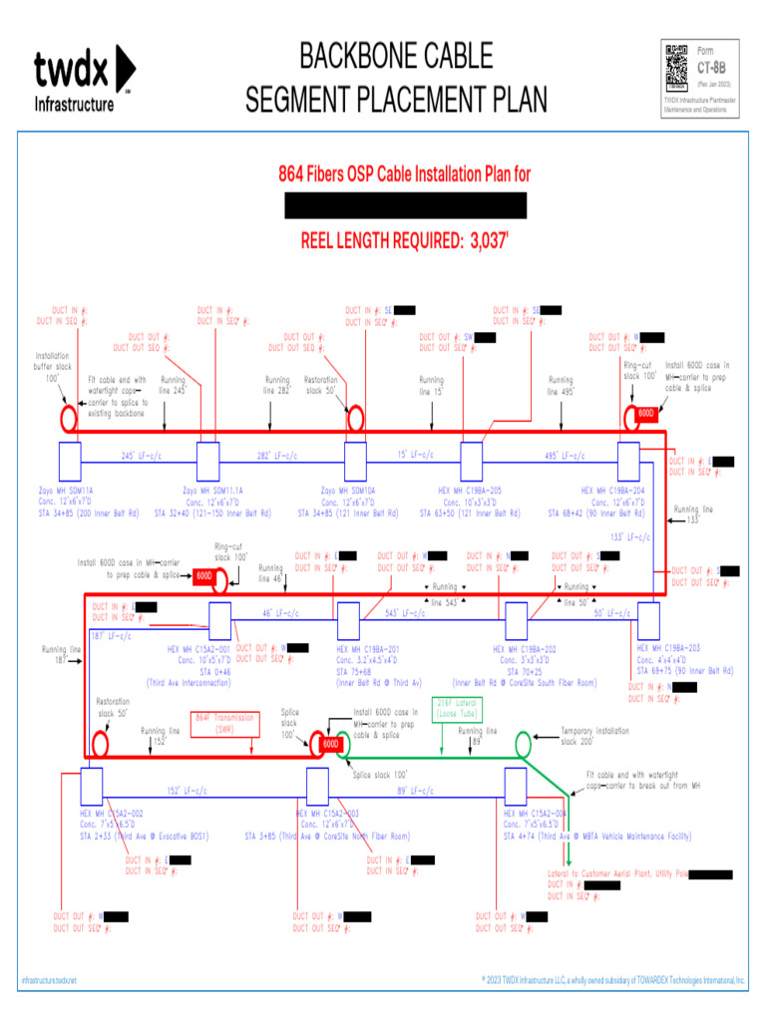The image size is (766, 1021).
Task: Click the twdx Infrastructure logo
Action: pyautogui.click(x=84, y=79)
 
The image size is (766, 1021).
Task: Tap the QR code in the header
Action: pyautogui.click(x=677, y=68)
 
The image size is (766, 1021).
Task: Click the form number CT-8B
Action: pyautogui.click(x=710, y=68)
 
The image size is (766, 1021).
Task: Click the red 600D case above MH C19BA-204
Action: pyautogui.click(x=645, y=413)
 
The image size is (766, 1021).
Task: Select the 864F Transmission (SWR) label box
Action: pyautogui.click(x=224, y=723)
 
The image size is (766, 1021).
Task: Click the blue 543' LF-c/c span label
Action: pyautogui.click(x=405, y=613)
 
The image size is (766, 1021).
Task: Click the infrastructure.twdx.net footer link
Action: pyautogui.click(x=49, y=981)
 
